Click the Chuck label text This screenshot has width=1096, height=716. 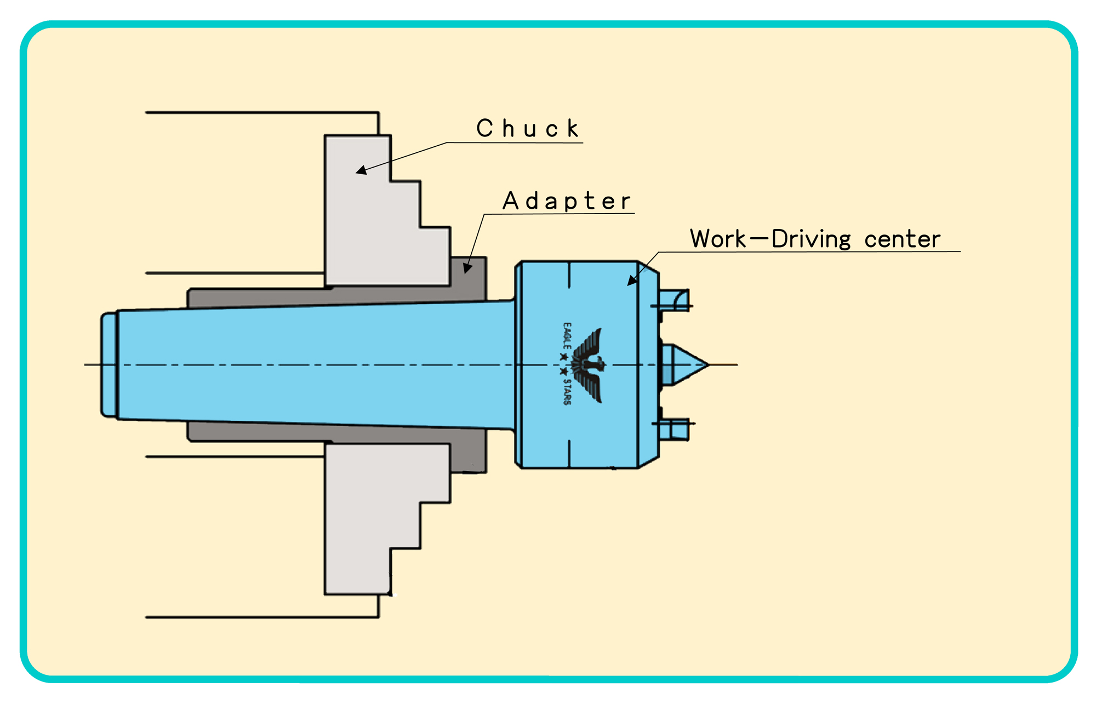527,129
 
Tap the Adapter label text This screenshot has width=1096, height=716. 567,201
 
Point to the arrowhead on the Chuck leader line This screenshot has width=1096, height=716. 362,170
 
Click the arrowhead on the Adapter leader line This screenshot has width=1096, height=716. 467,267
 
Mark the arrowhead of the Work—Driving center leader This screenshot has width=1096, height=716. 632,280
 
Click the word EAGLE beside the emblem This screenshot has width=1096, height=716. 567,336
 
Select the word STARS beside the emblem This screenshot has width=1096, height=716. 567,391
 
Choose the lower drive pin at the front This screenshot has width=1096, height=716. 673,429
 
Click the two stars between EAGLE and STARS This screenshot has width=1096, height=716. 563,364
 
